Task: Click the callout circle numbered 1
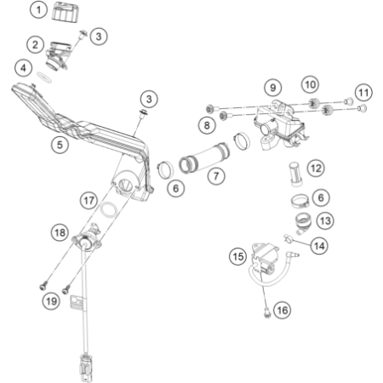38,10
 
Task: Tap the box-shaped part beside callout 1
66,11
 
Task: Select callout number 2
35,44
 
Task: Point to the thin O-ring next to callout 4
44,77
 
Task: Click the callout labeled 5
60,145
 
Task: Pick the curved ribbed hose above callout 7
205,157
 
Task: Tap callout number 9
272,88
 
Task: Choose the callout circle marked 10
310,84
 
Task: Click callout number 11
363,93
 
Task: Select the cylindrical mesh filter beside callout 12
296,174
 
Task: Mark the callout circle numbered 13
325,220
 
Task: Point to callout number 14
319,246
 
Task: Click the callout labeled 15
238,256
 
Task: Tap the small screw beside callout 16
266,313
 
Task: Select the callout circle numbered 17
89,200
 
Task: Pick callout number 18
60,232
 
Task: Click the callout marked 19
51,300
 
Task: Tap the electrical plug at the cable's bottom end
85,367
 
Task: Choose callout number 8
207,125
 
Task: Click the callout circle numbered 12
316,169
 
